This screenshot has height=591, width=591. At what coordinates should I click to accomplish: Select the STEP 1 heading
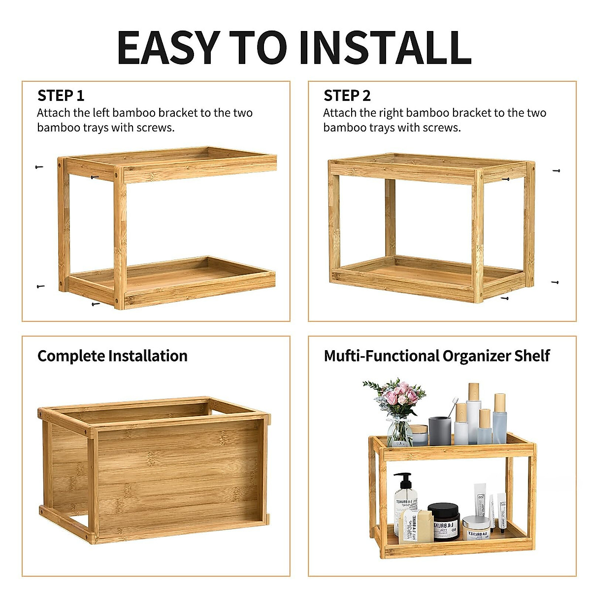click(61, 96)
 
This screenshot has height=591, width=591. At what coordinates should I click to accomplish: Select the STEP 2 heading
click(347, 96)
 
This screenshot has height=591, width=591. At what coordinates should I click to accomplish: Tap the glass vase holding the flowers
click(399, 431)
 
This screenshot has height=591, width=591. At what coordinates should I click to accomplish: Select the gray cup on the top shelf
click(439, 431)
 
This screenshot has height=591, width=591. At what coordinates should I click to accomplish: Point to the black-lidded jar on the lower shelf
click(443, 521)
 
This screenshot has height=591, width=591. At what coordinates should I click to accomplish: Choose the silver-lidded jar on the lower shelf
click(476, 527)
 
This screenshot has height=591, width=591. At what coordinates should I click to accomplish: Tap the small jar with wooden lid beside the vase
click(419, 434)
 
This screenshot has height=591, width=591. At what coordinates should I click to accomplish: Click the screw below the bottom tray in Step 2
click(504, 298)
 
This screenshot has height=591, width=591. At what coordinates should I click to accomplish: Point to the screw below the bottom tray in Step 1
click(96, 304)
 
